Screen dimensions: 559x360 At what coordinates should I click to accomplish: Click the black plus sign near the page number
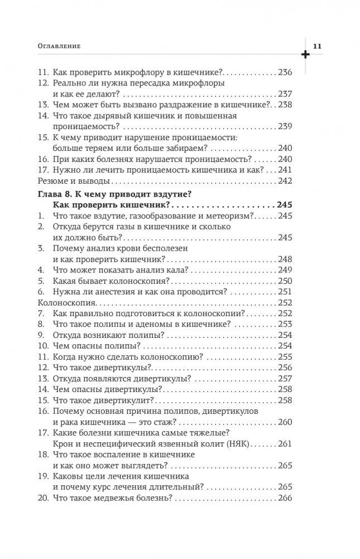[305, 55]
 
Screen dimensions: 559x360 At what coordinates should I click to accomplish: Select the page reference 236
[285, 73]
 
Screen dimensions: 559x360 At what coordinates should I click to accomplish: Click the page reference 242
[285, 181]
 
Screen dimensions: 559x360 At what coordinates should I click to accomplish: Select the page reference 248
[285, 260]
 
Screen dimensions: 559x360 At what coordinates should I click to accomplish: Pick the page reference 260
[285, 422]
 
